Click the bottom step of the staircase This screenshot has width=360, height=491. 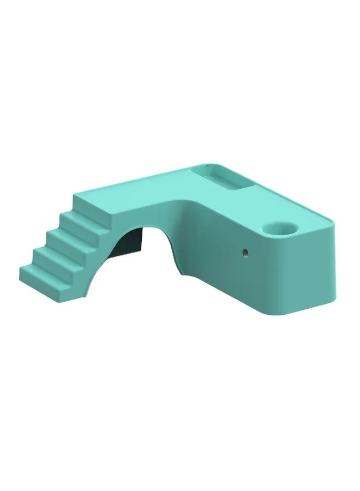[x=38, y=270]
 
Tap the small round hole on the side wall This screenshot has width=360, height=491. [x=245, y=253]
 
